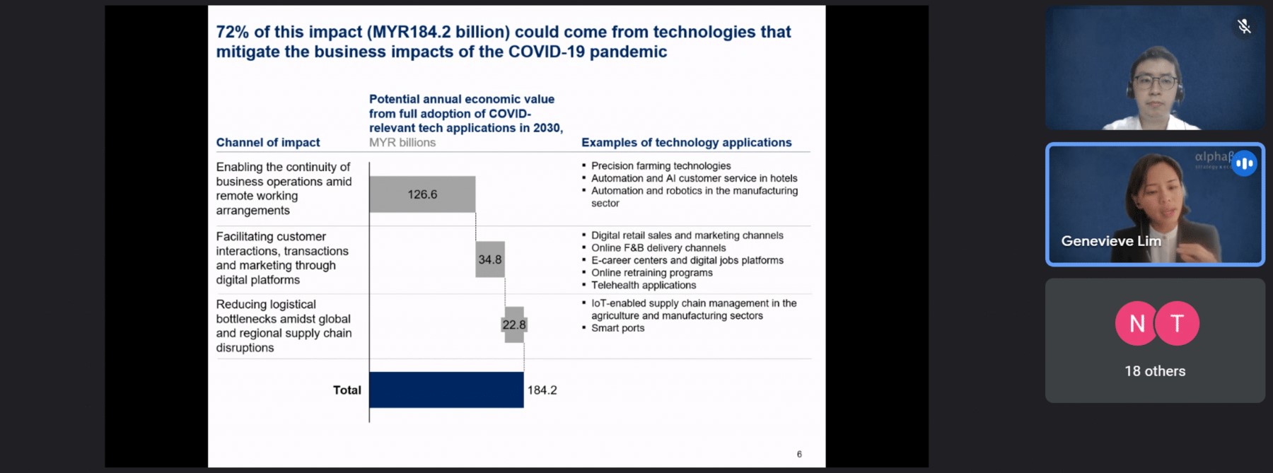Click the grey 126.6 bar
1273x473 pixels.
point(422,194)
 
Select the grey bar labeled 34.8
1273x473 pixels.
point(490,259)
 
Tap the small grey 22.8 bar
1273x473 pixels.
point(514,325)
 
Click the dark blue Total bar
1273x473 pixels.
point(446,390)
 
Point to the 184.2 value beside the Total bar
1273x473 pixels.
point(542,390)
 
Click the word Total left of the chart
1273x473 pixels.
point(347,390)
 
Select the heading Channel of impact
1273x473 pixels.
point(268,142)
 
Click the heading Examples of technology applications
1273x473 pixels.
point(687,142)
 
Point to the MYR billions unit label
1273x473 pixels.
point(402,143)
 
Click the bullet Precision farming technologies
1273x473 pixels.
point(661,166)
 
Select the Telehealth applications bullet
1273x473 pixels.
point(644,285)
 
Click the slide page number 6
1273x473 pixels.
point(799,455)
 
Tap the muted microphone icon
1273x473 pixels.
point(1244,27)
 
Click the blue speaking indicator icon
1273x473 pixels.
point(1245,163)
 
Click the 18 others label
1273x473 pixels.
point(1155,371)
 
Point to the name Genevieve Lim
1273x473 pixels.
point(1111,241)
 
